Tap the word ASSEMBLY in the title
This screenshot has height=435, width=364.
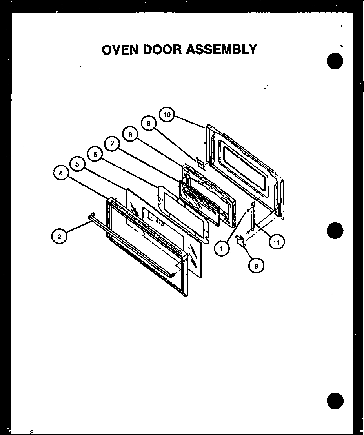point(222,49)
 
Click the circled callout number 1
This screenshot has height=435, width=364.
point(222,248)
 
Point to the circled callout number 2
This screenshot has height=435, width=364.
point(59,237)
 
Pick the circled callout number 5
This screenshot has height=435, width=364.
point(77,164)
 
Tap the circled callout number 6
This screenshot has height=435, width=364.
point(95,154)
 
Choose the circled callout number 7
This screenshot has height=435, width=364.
point(112,144)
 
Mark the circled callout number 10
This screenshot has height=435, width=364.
point(167,115)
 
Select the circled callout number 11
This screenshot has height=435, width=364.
point(277,242)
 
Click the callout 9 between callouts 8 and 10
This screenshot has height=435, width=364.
point(148,124)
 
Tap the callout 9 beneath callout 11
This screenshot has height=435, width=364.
point(256,266)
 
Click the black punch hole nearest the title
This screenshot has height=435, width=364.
point(335,62)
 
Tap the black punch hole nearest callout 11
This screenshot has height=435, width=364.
point(335,230)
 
